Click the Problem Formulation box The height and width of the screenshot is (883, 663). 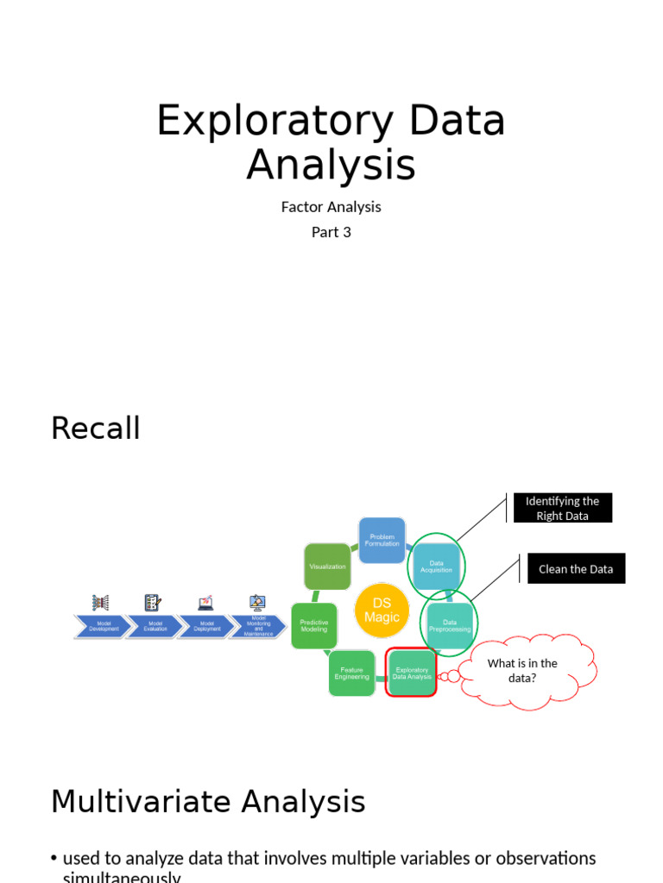[382, 540]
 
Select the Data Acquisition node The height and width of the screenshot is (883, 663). [435, 567]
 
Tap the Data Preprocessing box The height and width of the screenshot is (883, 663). [450, 624]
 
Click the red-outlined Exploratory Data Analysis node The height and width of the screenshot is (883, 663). [411, 673]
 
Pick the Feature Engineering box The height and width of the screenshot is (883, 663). [351, 673]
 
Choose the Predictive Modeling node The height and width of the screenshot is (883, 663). [313, 626]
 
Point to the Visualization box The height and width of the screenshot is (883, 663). [327, 567]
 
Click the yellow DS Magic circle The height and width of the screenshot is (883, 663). [381, 611]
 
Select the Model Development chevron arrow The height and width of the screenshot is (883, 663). [103, 626]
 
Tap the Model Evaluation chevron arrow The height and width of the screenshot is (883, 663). [155, 626]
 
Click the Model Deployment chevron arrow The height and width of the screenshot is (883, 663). [205, 626]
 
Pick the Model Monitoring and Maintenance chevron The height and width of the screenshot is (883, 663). [256, 626]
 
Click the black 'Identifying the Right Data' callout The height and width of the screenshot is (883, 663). [562, 508]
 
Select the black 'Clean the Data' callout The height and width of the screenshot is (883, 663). [576, 569]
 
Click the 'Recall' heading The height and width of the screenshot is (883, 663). [95, 428]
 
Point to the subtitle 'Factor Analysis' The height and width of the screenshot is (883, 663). [331, 207]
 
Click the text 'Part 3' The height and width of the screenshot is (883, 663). [331, 232]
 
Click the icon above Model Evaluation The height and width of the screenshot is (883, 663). [153, 603]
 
